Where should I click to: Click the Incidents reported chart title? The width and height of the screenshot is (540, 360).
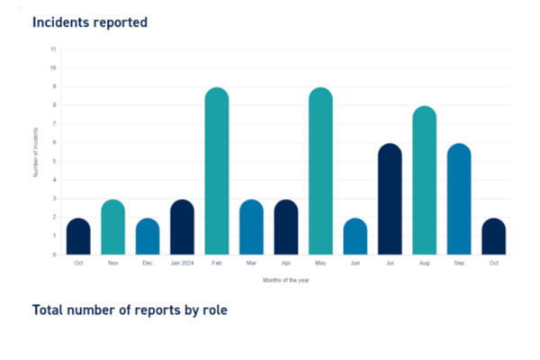90,22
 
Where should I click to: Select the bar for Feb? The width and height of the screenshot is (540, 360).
217,171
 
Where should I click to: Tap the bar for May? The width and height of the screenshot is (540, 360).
320,171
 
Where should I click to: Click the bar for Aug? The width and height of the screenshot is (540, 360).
424,180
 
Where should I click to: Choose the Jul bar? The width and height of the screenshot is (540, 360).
390,199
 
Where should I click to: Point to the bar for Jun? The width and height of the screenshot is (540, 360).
355,236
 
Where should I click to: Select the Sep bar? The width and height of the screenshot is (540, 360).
459,199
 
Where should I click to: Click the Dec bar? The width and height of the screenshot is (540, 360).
148,236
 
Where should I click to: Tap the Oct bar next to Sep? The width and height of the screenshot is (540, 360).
493,236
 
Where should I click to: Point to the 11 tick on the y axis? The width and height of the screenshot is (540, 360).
54,49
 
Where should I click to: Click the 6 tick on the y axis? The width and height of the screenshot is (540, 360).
54,142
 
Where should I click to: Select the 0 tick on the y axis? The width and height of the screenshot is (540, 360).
54,255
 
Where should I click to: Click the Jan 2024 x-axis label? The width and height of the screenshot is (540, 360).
182,264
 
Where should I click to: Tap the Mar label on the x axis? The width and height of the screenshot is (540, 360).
251,264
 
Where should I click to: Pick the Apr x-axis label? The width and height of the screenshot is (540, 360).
286,264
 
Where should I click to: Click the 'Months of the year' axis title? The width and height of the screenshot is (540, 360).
286,280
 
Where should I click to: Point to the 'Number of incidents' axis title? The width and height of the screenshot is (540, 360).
37,152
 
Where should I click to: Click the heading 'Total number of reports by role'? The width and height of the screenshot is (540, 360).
130,310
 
